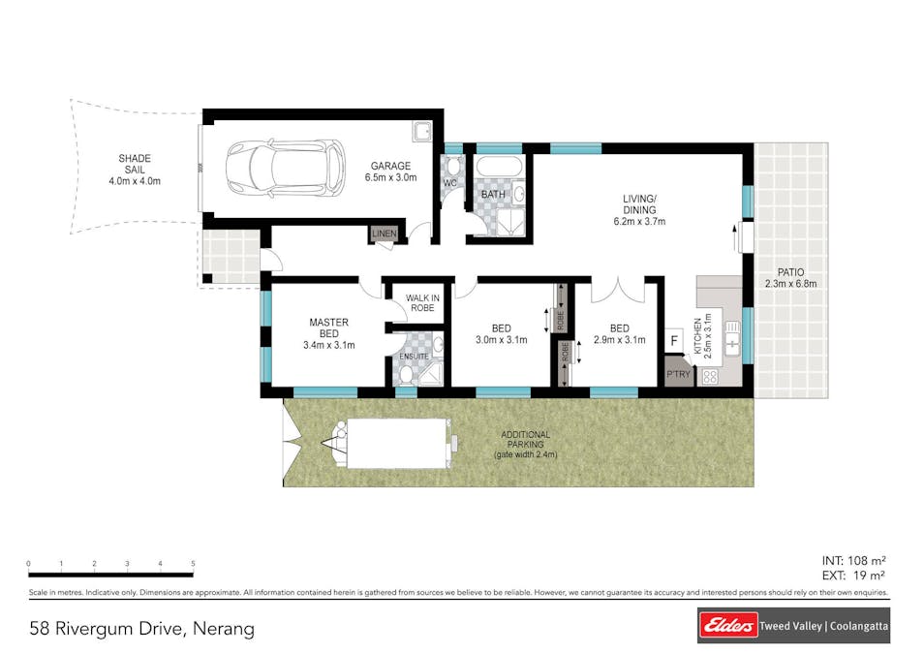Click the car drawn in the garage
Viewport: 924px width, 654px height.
pos(286,168)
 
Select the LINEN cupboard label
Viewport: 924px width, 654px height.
pos(385,234)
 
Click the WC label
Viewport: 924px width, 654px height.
pos(449,183)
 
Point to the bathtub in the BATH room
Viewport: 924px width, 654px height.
pos(499,167)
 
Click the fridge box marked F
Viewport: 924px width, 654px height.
pos(674,340)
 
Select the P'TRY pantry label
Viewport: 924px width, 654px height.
pos(678,374)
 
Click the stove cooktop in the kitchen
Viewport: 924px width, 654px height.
pos(710,376)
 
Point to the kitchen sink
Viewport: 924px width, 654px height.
pos(732,338)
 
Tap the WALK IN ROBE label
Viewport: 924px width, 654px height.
pos(422,303)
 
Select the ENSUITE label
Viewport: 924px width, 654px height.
pos(414,357)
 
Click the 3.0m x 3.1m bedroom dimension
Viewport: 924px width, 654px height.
pos(502,340)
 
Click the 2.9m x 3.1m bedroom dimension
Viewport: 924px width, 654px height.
pos(619,340)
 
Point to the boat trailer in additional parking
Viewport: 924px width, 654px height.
pos(390,444)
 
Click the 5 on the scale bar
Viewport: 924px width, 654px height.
pos(193,564)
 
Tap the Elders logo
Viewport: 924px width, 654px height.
pos(728,626)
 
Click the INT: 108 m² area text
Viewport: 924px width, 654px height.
pos(854,561)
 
